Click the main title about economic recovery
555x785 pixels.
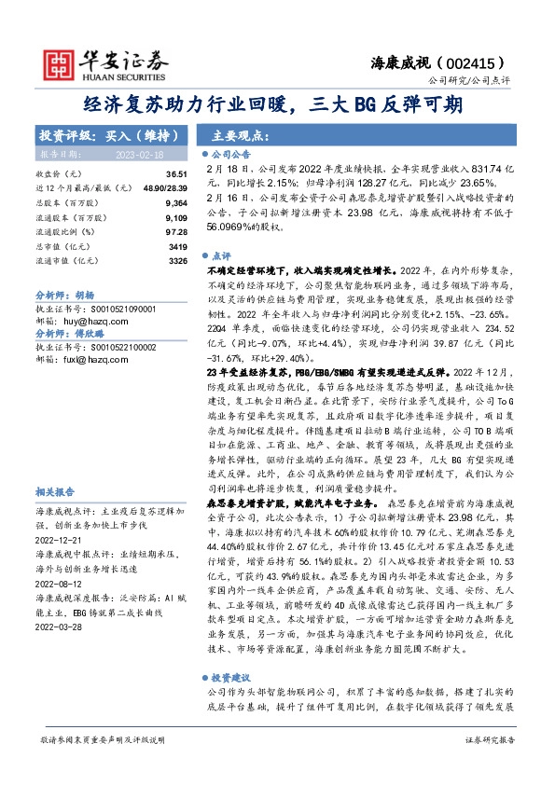tap(277, 104)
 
